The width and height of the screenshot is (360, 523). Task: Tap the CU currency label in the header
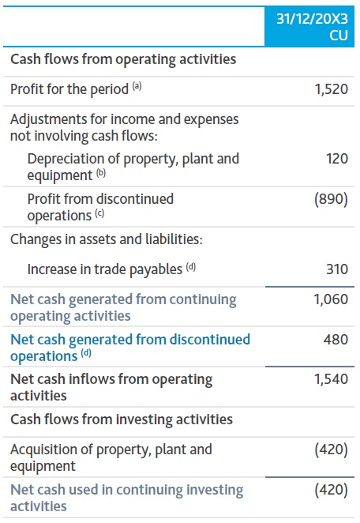[x=338, y=36]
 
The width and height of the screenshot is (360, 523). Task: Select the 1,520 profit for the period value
[x=331, y=89]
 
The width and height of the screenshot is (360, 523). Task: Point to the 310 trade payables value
[x=336, y=269]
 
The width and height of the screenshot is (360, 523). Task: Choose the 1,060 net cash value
[x=331, y=299]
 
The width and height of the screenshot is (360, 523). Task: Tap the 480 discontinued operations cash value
[x=336, y=340]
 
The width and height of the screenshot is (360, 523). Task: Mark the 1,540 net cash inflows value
[x=331, y=379]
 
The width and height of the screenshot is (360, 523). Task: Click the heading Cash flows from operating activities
[x=123, y=59]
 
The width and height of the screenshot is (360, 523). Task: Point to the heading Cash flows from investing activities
[x=122, y=419]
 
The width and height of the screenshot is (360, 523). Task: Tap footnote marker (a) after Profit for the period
[x=137, y=87]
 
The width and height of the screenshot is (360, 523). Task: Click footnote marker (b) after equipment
[x=100, y=173]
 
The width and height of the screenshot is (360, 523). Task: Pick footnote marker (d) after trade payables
[x=191, y=267]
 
